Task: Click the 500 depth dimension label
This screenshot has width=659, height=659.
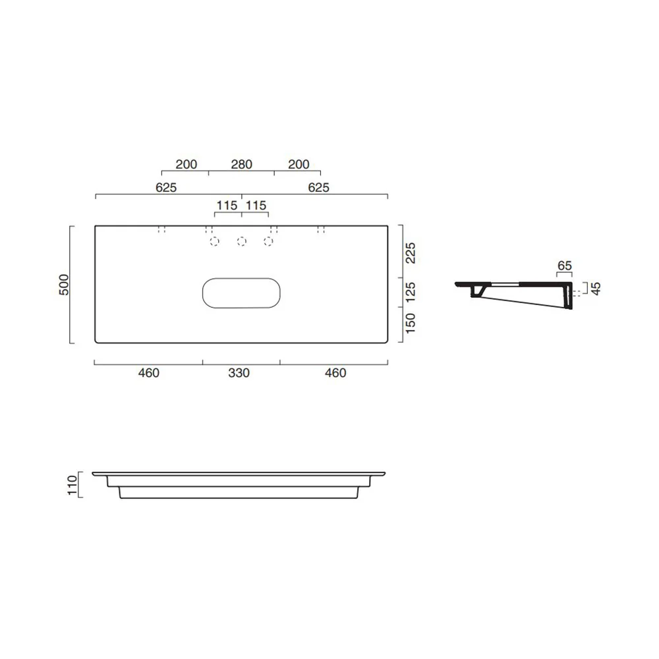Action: pos(64,285)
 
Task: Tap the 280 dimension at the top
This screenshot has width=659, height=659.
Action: pos(242,164)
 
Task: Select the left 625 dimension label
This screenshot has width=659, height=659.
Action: pos(166,187)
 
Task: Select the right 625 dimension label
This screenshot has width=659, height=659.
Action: pos(318,187)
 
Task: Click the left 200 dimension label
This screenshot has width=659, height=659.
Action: pos(186,164)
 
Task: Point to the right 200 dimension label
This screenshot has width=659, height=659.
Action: pos(299,164)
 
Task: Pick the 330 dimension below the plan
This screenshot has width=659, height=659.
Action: pos(239,373)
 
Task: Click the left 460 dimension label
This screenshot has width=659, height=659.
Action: pos(149,373)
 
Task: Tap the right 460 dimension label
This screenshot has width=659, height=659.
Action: pos(335,373)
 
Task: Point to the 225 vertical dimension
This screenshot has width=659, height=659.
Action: pos(410,252)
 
